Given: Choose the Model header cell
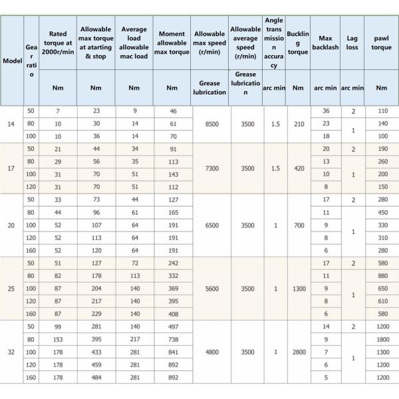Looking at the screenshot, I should coord(12,61).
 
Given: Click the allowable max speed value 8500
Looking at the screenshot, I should coord(209,124).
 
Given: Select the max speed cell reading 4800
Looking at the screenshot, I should coord(209,352).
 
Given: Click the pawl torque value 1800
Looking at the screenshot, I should coord(381,340).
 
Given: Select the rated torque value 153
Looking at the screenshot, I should coord(58,340).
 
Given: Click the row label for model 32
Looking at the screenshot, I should coord(11,352).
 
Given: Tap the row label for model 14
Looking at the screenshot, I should coord(11,124).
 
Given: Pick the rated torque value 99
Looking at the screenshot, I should coord(58,327).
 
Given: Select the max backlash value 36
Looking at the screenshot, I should coord(326,111).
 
